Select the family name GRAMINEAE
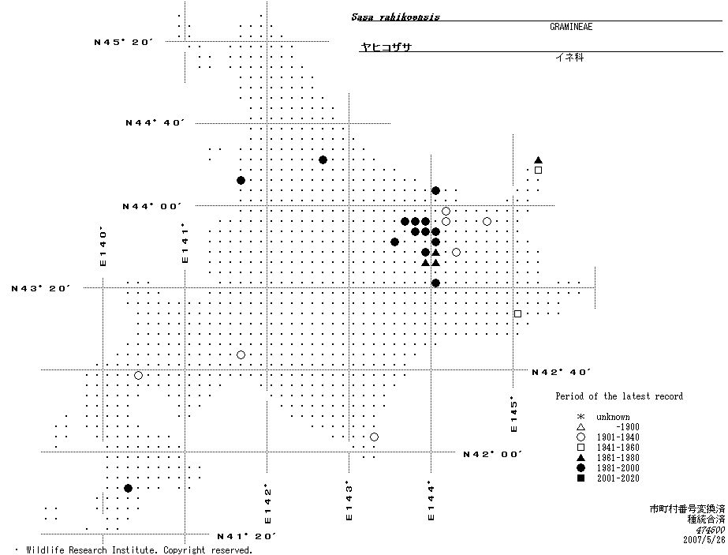pos(571,27)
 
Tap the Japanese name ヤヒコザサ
pos(386,47)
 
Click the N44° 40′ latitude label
pos(155,122)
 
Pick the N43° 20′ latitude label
pos(41,288)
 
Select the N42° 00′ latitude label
pos(493,454)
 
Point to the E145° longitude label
pos(513,414)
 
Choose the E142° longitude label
pos(268,504)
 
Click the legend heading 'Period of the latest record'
pos(619,396)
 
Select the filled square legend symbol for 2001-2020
pos(581,478)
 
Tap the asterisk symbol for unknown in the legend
pos(581,417)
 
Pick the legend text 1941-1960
pos(618,448)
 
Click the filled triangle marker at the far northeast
pos(538,159)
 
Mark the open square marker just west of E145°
pos(517,314)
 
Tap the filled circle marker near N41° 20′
pos(128,489)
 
